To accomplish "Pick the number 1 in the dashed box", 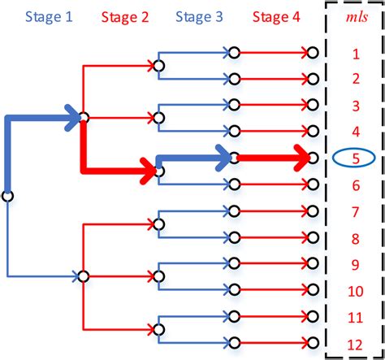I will click(x=355, y=54).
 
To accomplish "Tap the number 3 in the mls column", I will click(x=355, y=106).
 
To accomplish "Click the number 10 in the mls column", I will click(x=355, y=290).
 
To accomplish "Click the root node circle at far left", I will click(x=7, y=196).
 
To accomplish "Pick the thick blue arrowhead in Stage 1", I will click(x=77, y=118).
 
